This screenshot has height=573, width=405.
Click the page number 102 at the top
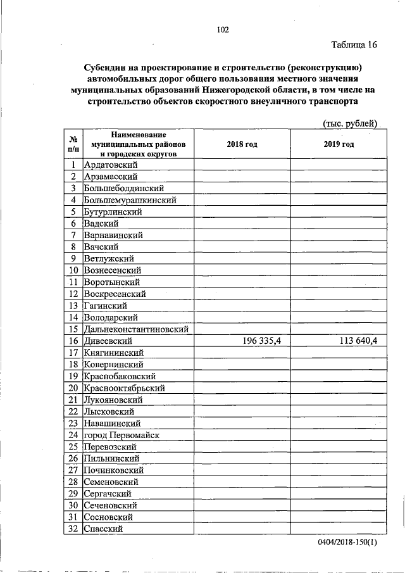pos(222,30)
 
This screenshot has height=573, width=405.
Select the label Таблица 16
pos(354,44)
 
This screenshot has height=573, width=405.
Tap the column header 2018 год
pos(242,144)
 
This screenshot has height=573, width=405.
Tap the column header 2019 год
pos(339,144)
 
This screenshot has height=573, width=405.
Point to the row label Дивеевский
pos(108,341)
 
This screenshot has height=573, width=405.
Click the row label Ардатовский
pos(111,165)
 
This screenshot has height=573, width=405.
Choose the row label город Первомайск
pos(121,435)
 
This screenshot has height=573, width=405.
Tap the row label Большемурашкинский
pos(130,200)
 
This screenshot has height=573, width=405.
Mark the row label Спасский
pos(103,529)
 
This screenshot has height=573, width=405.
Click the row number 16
pos(73,341)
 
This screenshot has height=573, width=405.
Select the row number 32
pos(73,529)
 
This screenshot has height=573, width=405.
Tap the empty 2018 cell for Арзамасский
pos(242,177)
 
